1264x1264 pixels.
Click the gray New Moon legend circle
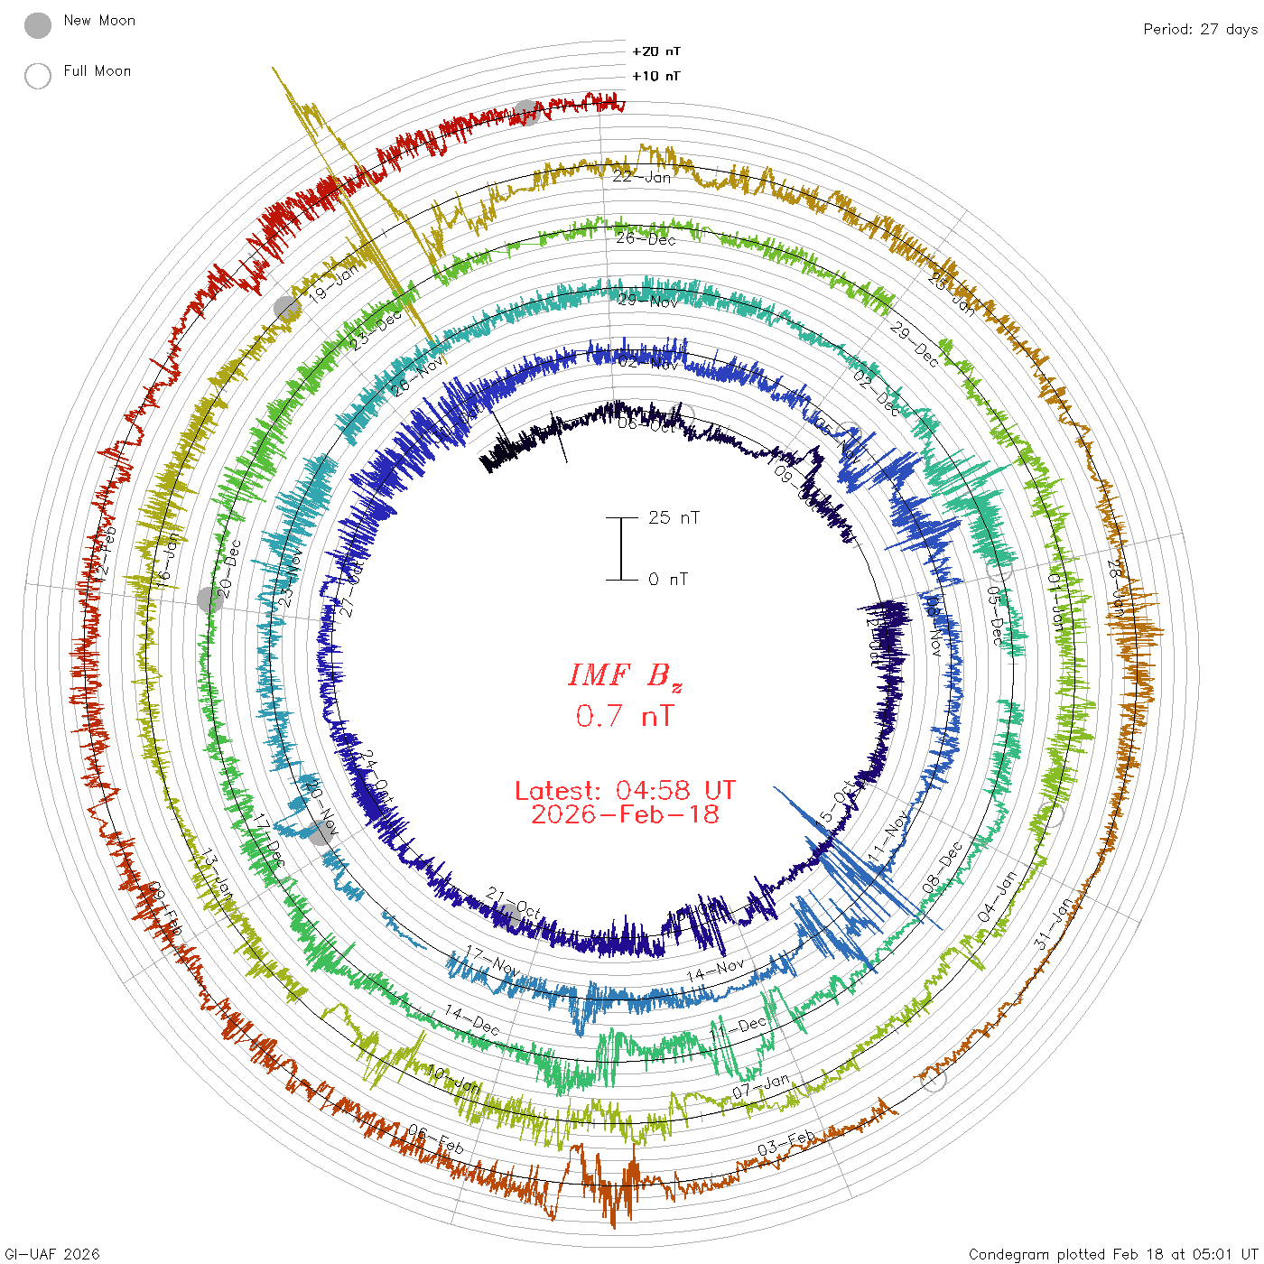pyautogui.click(x=38, y=25)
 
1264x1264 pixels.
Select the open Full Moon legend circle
pyautogui.click(x=38, y=76)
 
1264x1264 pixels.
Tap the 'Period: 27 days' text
pyautogui.click(x=1199, y=29)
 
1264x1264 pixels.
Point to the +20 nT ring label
pyautogui.click(x=656, y=51)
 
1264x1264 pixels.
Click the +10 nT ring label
pyautogui.click(x=656, y=76)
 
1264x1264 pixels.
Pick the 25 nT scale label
pyautogui.click(x=674, y=517)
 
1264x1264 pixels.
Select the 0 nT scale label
pyautogui.click(x=668, y=579)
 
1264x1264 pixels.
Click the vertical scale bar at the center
pyautogui.click(x=621, y=548)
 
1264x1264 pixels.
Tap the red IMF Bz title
pyautogui.click(x=625, y=675)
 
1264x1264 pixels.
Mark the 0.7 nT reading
pyautogui.click(x=625, y=716)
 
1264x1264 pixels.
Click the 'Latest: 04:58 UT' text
pyautogui.click(x=625, y=791)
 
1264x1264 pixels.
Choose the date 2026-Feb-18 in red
pyautogui.click(x=625, y=814)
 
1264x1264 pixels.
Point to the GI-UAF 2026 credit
pyautogui.click(x=51, y=1254)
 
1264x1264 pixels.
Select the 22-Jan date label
pyautogui.click(x=642, y=177)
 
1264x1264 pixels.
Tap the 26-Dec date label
pyautogui.click(x=646, y=238)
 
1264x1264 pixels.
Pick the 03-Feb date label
pyautogui.click(x=786, y=1142)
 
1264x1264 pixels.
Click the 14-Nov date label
pyautogui.click(x=716, y=971)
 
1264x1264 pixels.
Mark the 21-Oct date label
pyautogui.click(x=513, y=904)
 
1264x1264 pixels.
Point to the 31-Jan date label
pyautogui.click(x=1055, y=924)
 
